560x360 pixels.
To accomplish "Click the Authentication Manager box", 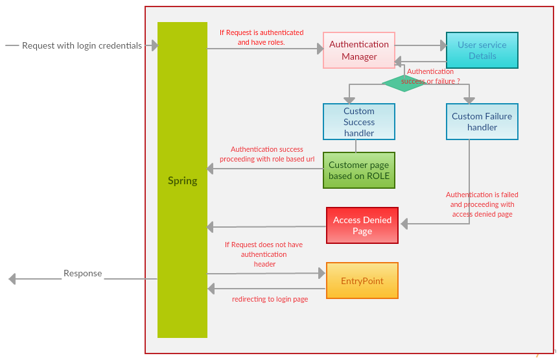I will tap(359, 51).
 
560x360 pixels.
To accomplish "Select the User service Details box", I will tap(482, 51).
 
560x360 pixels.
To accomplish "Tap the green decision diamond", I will tap(404, 83).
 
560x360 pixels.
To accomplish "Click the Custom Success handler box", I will tap(359, 122).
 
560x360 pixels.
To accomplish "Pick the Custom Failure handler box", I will tap(482, 122).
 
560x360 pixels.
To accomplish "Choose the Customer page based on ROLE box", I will tap(359, 170).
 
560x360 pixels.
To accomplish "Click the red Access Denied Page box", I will tap(362, 226).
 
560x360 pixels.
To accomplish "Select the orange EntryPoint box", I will tap(362, 281).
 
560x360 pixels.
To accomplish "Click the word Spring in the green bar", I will tap(182, 181).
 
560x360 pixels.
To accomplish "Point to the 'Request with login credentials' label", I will tap(82, 45).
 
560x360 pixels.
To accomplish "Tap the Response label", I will tap(83, 274).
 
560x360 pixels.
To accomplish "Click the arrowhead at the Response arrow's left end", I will tap(12, 279).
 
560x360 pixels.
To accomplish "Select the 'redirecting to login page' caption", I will tap(270, 299).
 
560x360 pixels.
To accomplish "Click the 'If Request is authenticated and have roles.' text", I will tap(261, 38).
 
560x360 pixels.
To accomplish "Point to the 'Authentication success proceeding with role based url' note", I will tap(267, 154).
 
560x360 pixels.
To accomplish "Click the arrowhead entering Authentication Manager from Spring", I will tap(320, 49).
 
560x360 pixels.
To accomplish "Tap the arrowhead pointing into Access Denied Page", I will tap(404, 224).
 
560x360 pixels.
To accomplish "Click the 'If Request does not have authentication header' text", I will tap(264, 254).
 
